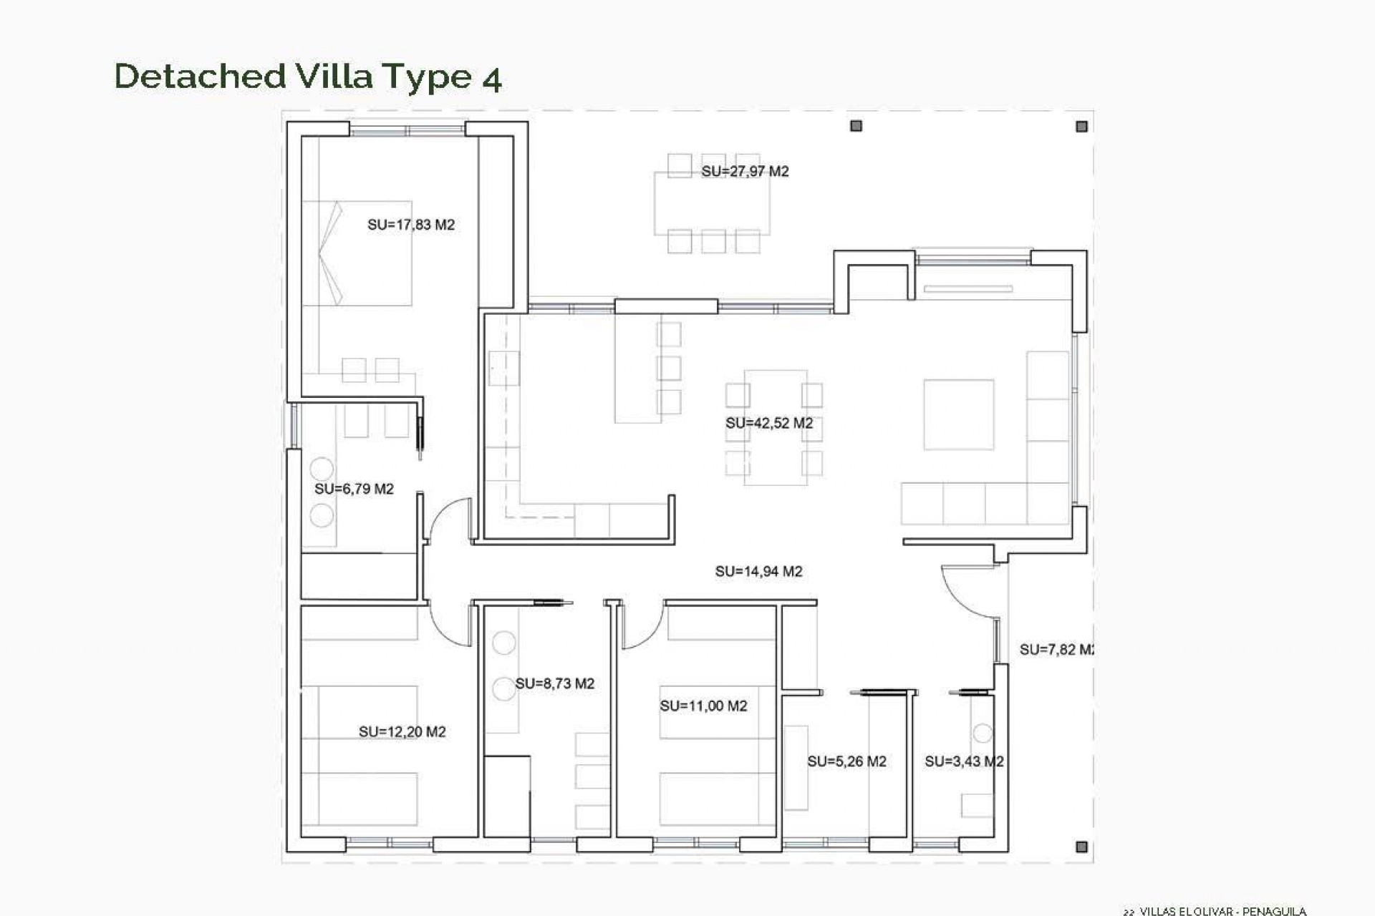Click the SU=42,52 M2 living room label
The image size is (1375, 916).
(769, 423)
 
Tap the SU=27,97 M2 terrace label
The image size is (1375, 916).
(745, 171)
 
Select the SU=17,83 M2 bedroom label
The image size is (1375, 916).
(411, 225)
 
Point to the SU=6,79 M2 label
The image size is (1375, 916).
(354, 489)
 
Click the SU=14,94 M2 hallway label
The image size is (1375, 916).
(758, 571)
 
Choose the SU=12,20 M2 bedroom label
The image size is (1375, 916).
(402, 731)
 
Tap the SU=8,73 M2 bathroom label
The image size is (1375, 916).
(554, 683)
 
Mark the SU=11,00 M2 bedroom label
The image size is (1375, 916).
(703, 706)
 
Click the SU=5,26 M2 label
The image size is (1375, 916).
(846, 761)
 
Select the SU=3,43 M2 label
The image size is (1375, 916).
(963, 761)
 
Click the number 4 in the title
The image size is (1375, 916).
(491, 78)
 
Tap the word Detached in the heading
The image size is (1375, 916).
(200, 76)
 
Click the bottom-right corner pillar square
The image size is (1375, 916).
(1081, 847)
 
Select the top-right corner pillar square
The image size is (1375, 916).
(1081, 127)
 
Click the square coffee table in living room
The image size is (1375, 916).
(958, 414)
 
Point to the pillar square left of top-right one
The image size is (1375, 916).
(856, 126)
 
